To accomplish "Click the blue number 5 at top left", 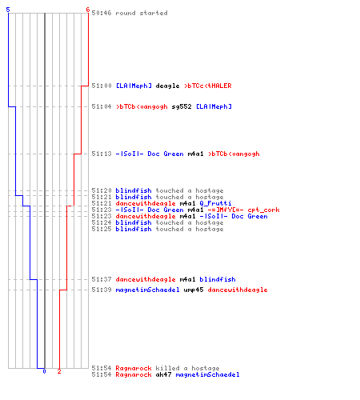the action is click(x=8, y=10).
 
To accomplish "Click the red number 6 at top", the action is click(x=87, y=10).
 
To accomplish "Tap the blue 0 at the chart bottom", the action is click(x=44, y=371).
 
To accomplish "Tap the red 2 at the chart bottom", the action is click(x=59, y=371).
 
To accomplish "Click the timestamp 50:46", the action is click(x=102, y=13).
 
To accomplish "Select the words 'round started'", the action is click(x=142, y=13).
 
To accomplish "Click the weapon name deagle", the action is click(x=167, y=86).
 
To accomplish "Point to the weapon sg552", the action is click(x=182, y=106).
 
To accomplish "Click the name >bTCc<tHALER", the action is click(x=208, y=86).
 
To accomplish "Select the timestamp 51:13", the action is click(x=102, y=154).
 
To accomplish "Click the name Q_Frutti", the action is click(x=215, y=203).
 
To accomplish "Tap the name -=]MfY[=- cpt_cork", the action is click(x=243, y=210).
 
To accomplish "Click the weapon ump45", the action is click(x=194, y=290).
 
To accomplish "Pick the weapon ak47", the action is click(x=163, y=374).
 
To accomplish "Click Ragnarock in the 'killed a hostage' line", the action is click(x=134, y=368).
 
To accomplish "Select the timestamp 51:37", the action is click(x=102, y=279).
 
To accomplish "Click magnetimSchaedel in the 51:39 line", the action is click(x=147, y=290).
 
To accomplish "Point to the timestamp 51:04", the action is click(x=102, y=106).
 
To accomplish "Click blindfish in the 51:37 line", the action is click(x=218, y=279).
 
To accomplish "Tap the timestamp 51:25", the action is click(x=102, y=229).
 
